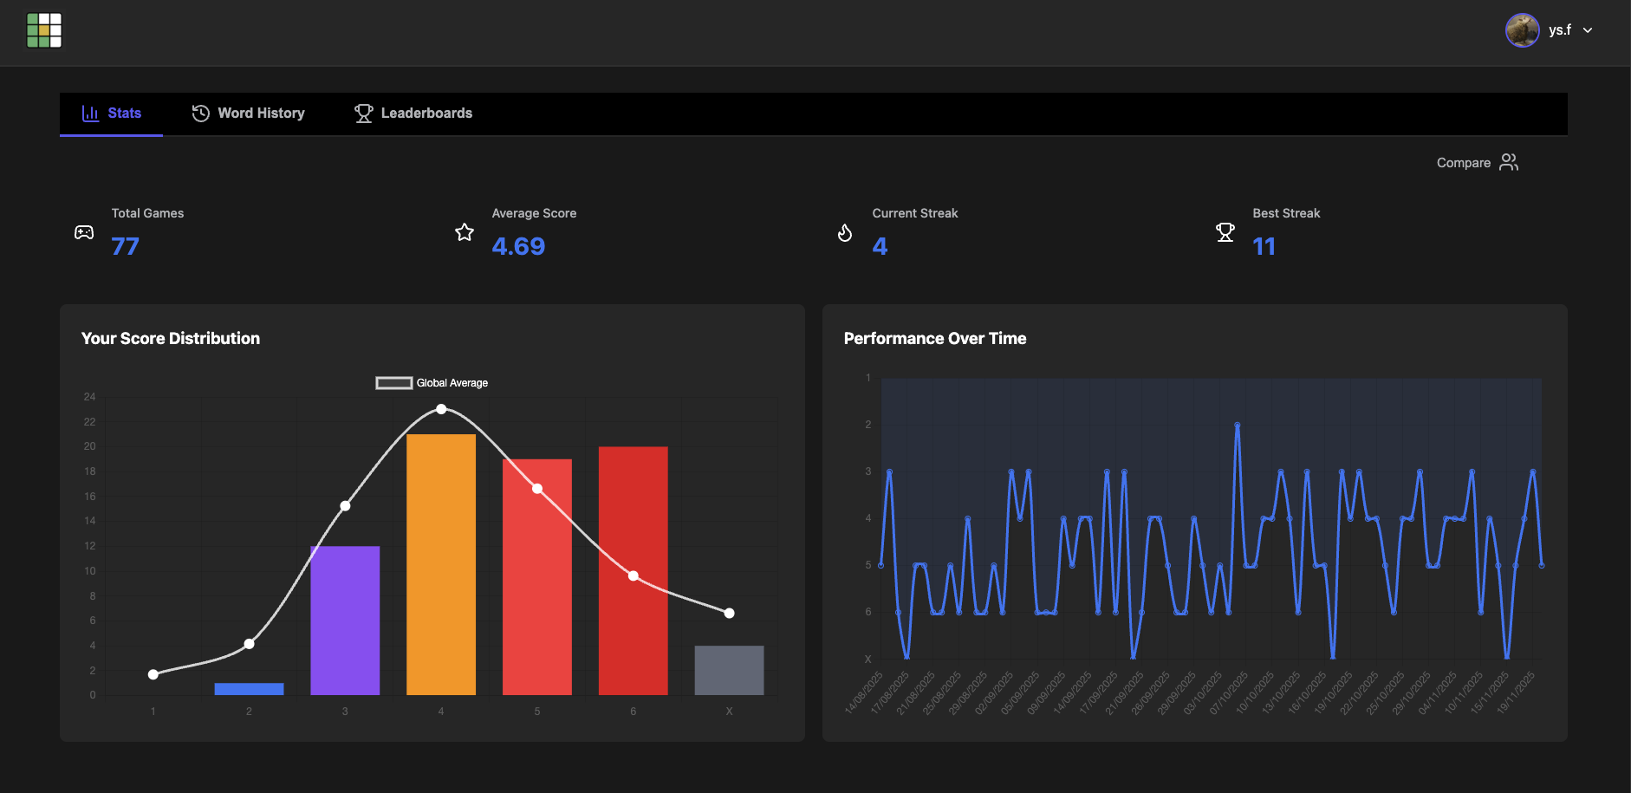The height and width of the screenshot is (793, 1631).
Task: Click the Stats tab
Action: [x=112, y=114]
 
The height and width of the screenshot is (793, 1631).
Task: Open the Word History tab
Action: [x=249, y=114]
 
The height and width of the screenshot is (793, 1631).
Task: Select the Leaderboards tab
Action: [x=413, y=114]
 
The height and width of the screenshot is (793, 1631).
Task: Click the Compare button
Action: [x=1477, y=163]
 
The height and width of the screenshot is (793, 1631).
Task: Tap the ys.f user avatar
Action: [x=1522, y=30]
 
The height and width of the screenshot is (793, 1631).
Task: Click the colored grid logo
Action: [x=44, y=30]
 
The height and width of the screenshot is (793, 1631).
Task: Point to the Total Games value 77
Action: [x=126, y=247]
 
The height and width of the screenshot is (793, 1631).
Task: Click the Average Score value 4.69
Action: [x=518, y=247]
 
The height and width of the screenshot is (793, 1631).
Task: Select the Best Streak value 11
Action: [x=1264, y=247]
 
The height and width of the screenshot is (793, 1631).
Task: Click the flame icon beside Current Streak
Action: [x=845, y=232]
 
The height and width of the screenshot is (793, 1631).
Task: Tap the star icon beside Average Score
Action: [x=465, y=232]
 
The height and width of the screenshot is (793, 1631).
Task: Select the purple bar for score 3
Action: [x=345, y=620]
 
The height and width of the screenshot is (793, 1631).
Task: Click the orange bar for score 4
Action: [x=441, y=563]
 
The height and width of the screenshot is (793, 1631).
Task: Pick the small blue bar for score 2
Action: [x=249, y=689]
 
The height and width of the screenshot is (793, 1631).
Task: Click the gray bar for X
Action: [x=729, y=670]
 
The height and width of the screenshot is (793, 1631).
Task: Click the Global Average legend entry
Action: [x=432, y=383]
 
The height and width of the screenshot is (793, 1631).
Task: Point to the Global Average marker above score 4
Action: [x=441, y=409]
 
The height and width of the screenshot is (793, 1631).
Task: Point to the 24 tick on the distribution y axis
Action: [x=90, y=397]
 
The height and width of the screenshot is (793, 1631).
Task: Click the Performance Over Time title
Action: [x=934, y=339]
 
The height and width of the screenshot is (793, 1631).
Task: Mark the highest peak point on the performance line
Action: [x=1237, y=426]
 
